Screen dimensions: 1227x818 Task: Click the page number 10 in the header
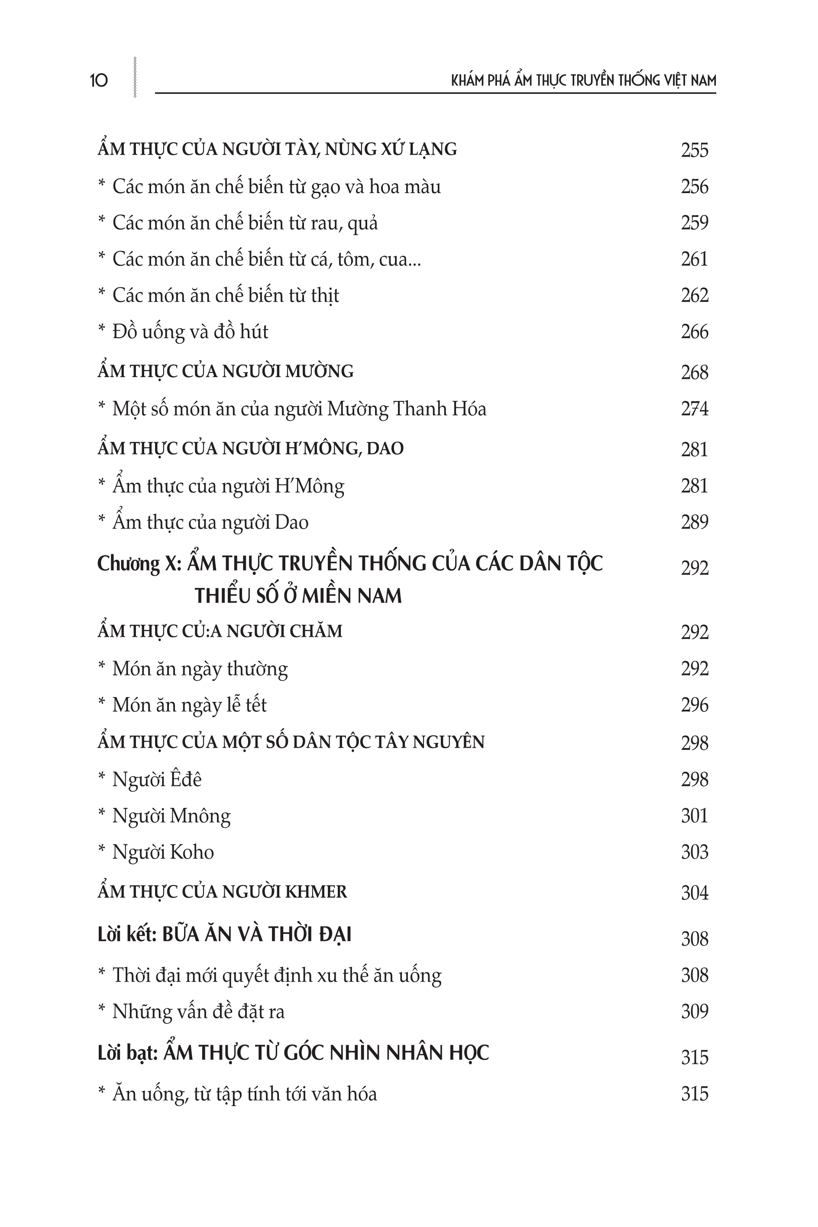point(99,80)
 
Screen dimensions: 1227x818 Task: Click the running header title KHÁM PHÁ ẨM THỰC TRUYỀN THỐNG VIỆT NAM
point(583,80)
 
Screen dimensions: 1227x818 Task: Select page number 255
point(694,150)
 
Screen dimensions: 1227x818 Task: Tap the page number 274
point(694,409)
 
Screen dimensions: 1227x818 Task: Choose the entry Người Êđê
point(156,780)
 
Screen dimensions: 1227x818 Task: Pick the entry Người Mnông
point(171,816)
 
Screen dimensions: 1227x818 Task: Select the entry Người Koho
point(163,852)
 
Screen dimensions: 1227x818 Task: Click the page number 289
point(694,523)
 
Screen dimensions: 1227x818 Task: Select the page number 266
point(694,332)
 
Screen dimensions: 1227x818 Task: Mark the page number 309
point(694,1012)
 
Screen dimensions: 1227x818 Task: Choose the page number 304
point(694,893)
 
